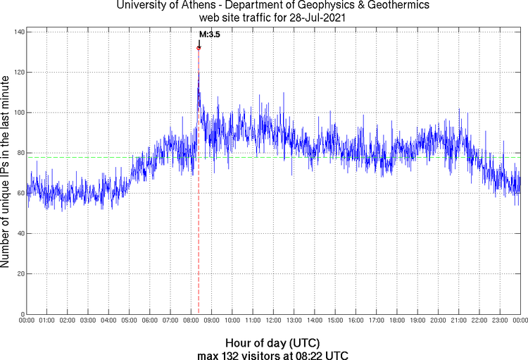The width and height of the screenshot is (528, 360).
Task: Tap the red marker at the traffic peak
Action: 199,48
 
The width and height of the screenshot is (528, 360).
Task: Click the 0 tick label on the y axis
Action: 23,314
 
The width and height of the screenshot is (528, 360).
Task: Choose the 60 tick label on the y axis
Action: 20,193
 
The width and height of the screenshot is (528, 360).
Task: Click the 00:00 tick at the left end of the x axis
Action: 26,321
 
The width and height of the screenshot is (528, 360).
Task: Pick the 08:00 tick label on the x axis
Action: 191,321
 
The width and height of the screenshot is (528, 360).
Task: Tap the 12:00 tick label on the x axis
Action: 273,321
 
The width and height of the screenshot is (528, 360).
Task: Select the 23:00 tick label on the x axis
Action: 499,321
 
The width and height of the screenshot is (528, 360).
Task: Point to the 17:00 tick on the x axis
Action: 376,321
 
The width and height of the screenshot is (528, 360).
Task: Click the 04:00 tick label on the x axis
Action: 108,321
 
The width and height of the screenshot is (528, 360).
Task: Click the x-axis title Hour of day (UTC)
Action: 272,343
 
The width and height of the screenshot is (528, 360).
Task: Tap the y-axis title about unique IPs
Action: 6,173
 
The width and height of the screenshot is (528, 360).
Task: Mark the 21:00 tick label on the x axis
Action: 458,321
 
